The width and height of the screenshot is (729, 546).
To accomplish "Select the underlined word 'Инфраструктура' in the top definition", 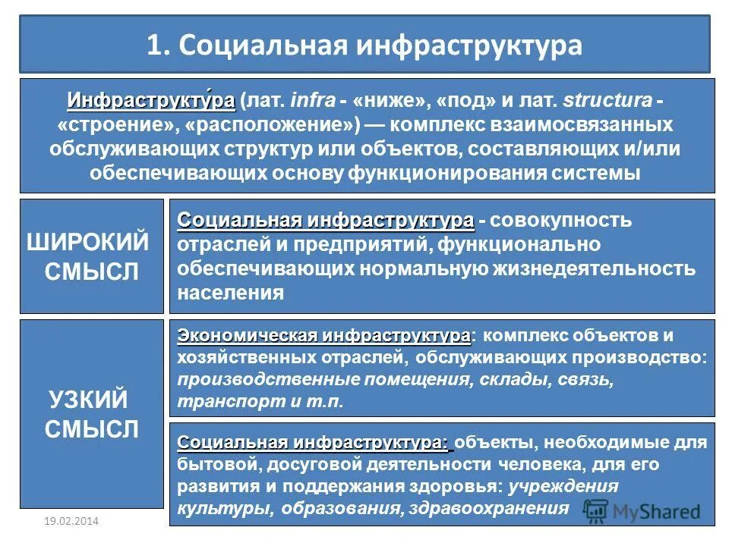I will (150, 100).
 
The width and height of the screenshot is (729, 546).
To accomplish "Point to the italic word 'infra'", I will (308, 101).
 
